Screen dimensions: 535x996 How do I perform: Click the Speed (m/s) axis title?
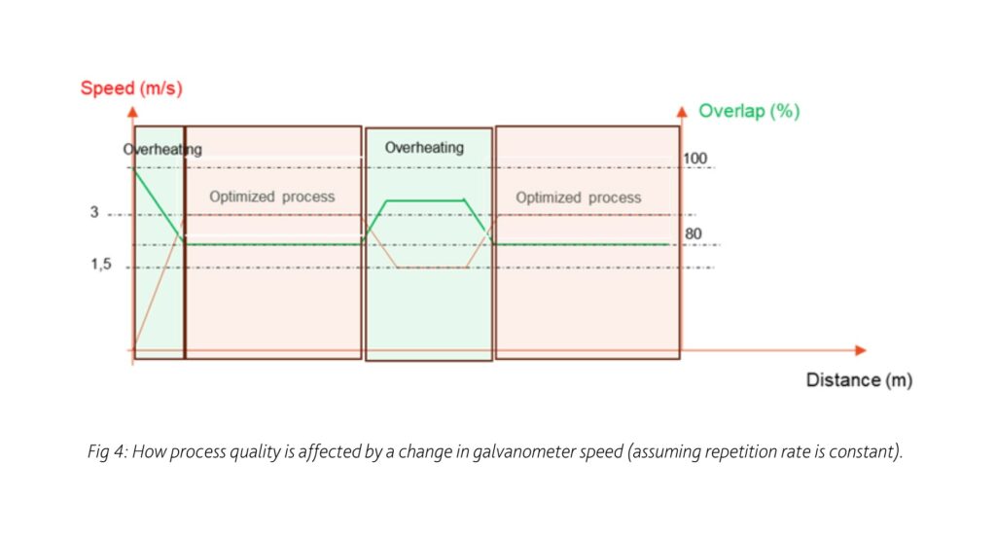point(131,88)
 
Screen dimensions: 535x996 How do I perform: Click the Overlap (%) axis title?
point(749,111)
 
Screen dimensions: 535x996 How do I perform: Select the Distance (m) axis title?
point(859,380)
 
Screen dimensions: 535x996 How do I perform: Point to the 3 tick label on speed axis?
point(95,213)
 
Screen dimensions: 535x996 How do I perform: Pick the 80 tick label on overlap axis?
point(694,233)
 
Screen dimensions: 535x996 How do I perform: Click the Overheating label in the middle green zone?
point(424,148)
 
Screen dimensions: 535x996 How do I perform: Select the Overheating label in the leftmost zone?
point(162,150)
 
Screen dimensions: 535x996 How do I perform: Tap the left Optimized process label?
point(271,196)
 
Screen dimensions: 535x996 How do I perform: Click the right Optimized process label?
point(578,197)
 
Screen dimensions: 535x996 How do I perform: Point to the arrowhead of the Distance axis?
point(859,349)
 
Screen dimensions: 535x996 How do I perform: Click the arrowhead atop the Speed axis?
point(132,107)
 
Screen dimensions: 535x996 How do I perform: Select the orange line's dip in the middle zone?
point(432,267)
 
